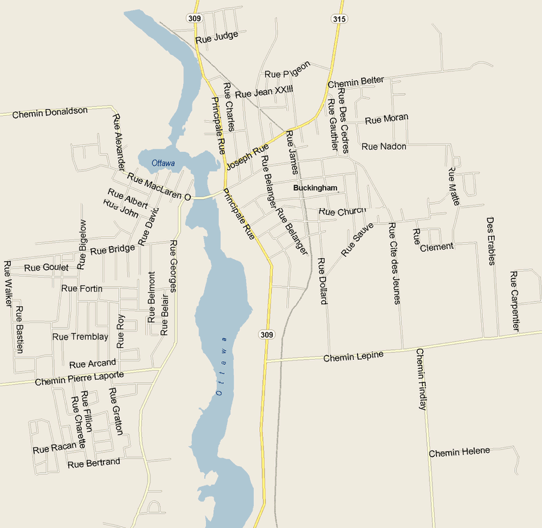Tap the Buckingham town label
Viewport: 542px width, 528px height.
point(315,188)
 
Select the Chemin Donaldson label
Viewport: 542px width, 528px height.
point(50,112)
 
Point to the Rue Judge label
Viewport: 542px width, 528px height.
point(217,37)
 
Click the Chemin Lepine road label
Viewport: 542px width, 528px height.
point(353,356)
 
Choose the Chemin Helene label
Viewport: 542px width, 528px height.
point(459,452)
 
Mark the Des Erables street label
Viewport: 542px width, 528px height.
point(491,241)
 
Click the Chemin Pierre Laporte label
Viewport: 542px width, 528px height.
point(79,378)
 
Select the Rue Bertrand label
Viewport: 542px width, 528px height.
point(94,463)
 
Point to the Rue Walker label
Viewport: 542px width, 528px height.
point(8,284)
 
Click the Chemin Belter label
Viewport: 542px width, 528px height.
point(356,82)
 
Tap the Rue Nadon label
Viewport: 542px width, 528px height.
point(384,146)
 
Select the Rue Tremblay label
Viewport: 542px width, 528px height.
point(80,337)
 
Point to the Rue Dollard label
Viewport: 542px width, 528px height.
point(322,280)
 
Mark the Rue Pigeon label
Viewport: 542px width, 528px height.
point(288,69)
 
